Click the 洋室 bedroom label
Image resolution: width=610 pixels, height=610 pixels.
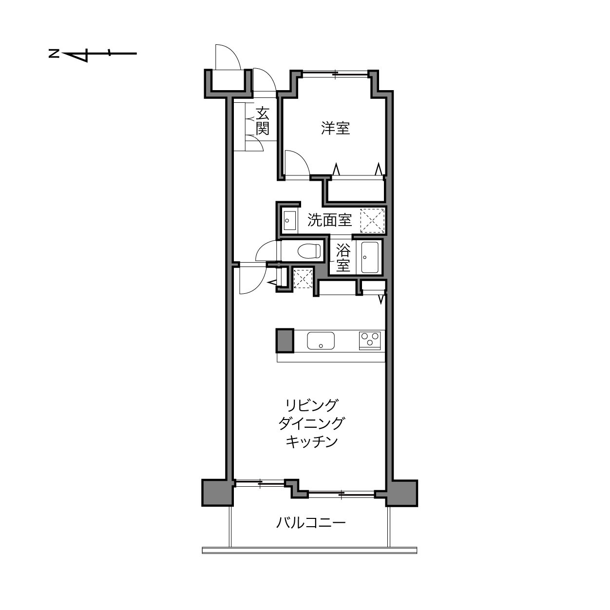(x=335, y=128)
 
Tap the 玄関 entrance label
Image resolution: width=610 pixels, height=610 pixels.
(x=263, y=121)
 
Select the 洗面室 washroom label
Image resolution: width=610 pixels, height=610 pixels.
(x=329, y=220)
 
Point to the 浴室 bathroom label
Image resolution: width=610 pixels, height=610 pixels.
(x=343, y=257)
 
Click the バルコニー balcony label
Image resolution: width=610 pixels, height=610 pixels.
(x=311, y=523)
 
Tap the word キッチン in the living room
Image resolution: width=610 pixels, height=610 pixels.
(x=312, y=441)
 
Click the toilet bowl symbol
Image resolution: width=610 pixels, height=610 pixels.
(x=309, y=252)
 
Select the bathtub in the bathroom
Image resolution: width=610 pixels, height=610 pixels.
(x=370, y=257)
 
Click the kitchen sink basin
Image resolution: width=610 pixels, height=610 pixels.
(x=321, y=341)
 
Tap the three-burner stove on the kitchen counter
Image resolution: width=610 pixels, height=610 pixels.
(x=370, y=340)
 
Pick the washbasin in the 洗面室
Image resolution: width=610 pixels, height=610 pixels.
(x=290, y=220)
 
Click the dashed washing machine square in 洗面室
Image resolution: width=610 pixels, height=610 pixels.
(x=373, y=220)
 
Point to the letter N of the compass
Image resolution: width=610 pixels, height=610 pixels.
(x=54, y=54)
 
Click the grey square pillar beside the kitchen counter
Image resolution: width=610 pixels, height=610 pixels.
(x=285, y=341)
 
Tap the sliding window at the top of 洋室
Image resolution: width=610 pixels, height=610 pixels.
(x=335, y=74)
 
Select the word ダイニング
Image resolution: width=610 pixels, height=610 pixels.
(x=311, y=423)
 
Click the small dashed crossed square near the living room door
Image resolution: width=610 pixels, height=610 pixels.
(x=303, y=278)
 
